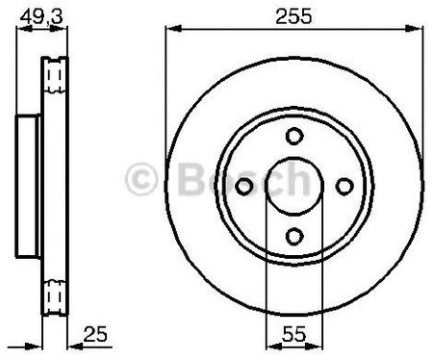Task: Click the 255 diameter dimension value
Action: pos(293,16)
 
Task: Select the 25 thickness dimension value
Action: pos(95,334)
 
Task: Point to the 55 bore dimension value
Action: pos(294,334)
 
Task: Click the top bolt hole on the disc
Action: pos(294,136)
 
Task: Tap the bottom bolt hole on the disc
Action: pos(294,236)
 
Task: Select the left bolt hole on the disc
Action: pos(244,186)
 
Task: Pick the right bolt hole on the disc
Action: pos(344,186)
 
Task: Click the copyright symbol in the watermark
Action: pos(141,179)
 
